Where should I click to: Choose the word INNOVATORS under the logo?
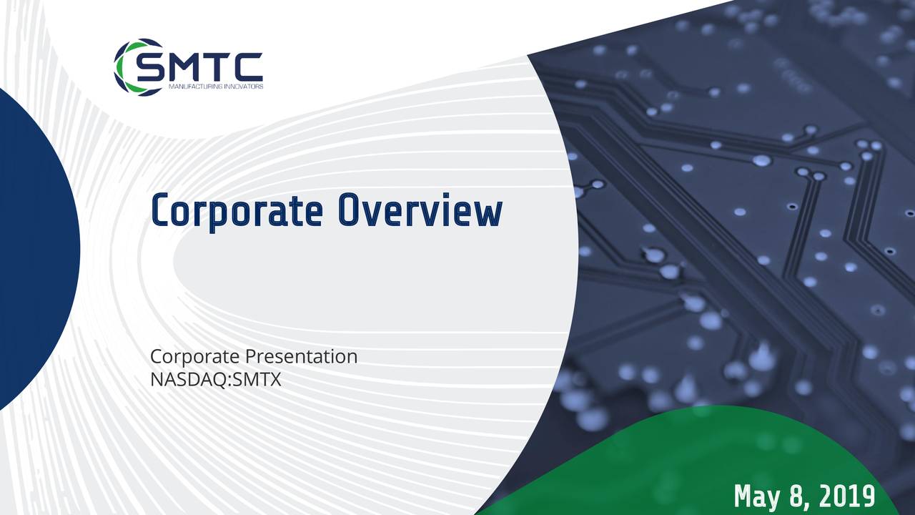pos(244,87)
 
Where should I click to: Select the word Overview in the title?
pos(420,212)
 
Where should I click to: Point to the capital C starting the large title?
pos(162,212)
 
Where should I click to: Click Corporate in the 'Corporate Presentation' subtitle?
pos(195,356)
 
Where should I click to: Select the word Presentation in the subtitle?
pos(301,356)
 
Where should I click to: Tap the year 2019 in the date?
pos(845,495)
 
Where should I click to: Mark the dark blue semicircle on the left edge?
pos(36,250)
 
